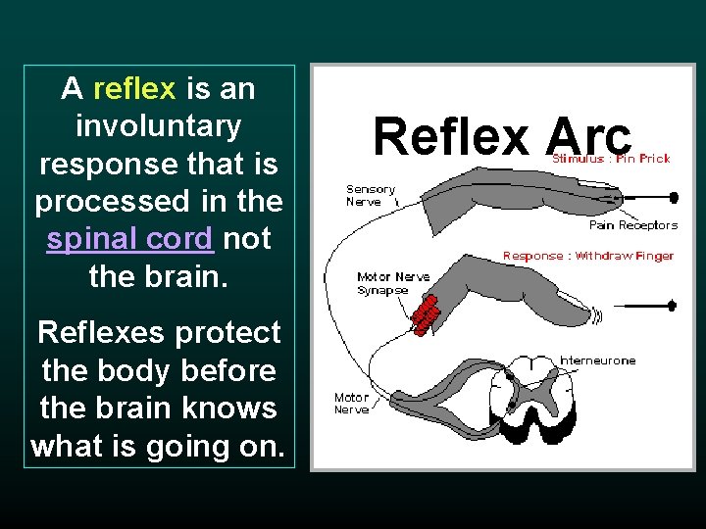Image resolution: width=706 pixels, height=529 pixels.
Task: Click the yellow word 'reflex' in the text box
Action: pos(134,89)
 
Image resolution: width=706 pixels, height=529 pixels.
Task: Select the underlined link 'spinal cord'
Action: pos(129,239)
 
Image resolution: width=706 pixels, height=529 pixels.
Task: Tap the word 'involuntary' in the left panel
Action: pos(158,126)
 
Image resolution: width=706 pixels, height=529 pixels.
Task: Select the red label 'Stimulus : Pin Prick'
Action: pos(611,159)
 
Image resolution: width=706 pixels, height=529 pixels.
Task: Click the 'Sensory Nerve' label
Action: pos(370,195)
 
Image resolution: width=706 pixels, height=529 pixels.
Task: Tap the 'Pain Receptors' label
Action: pos(632,225)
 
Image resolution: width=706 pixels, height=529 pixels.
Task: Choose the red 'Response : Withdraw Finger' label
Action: pos(587,256)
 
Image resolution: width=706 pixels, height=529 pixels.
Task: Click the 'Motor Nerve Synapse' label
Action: pos(392,283)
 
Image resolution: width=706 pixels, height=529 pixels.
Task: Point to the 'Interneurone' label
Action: pos(597,361)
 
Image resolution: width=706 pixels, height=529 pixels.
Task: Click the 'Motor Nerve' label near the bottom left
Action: pos(351,404)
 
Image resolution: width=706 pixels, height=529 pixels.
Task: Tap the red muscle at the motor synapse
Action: pos(425,314)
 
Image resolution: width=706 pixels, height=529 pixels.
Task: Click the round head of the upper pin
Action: pos(674,197)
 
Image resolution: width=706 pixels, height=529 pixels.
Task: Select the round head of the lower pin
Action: pos(672,306)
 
